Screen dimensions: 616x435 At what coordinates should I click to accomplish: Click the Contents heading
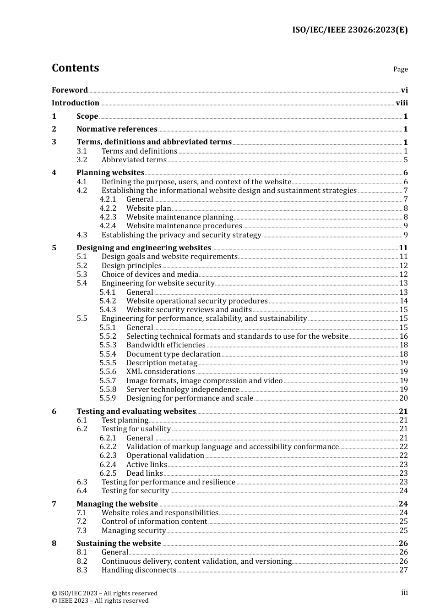[75, 68]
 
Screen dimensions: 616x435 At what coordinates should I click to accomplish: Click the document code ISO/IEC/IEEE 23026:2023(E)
[350, 30]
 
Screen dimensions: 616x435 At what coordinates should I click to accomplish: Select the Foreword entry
[70, 90]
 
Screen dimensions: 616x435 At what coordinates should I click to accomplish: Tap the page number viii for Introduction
[402, 103]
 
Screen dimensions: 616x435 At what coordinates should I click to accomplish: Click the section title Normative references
[117, 129]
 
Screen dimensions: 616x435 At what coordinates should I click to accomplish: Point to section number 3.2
[82, 160]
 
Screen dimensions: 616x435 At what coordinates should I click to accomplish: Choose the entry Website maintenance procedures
[184, 226]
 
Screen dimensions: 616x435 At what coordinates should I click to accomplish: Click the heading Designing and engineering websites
[144, 248]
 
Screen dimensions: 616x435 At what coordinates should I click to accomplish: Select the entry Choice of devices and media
[150, 275]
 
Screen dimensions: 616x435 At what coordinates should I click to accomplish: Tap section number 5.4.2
[108, 301]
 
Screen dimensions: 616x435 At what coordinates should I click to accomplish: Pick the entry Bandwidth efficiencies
[166, 345]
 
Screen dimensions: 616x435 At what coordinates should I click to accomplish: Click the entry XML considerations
[160, 372]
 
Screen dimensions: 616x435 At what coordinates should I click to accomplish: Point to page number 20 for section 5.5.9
[403, 398]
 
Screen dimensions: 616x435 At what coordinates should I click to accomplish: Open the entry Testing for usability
[136, 429]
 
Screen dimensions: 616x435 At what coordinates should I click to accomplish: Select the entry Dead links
[144, 473]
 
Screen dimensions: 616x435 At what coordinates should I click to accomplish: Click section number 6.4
[82, 491]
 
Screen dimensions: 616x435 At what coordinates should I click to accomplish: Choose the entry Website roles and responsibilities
[160, 513]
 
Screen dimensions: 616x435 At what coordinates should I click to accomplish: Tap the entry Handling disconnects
[139, 570]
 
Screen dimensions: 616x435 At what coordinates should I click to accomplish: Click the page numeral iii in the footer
[404, 593]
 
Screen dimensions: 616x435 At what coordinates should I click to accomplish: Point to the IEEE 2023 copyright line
[100, 601]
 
